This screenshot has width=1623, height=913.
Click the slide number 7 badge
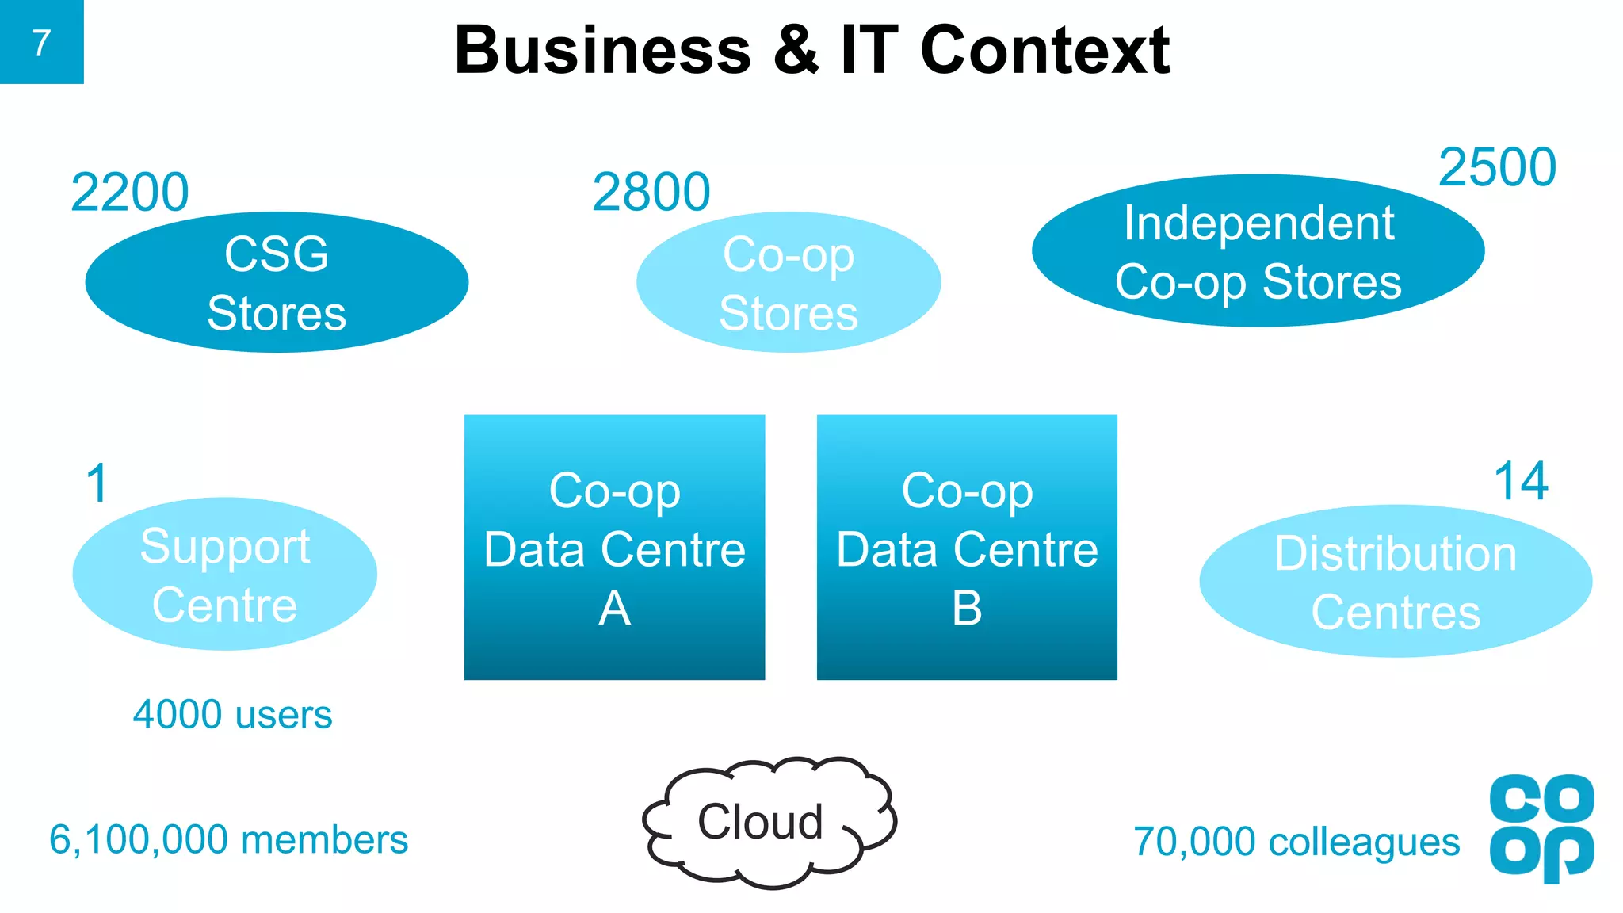pos(41,42)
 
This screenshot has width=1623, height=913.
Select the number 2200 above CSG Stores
pos(130,193)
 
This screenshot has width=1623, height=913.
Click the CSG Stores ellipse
pos(277,282)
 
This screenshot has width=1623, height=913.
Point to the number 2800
pos(651,193)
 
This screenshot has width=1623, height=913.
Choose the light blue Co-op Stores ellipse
pos(789,282)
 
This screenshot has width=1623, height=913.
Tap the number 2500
pos(1497,168)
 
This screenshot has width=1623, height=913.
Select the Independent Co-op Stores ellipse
pos(1258,251)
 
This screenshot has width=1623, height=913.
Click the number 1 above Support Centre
pos(97,483)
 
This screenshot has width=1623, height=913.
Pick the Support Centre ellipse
pos(224,575)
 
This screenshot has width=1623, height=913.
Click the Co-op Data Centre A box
pos(614,548)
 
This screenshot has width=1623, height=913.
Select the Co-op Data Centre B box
pos(967,548)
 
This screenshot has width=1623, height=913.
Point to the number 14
pos(1521,481)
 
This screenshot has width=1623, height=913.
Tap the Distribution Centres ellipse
pos(1396,582)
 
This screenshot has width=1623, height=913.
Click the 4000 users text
pos(232,715)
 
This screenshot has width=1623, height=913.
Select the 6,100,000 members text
pos(228,840)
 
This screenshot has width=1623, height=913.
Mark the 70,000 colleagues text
pos(1296,842)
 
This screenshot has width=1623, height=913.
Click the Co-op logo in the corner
pos(1541,827)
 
